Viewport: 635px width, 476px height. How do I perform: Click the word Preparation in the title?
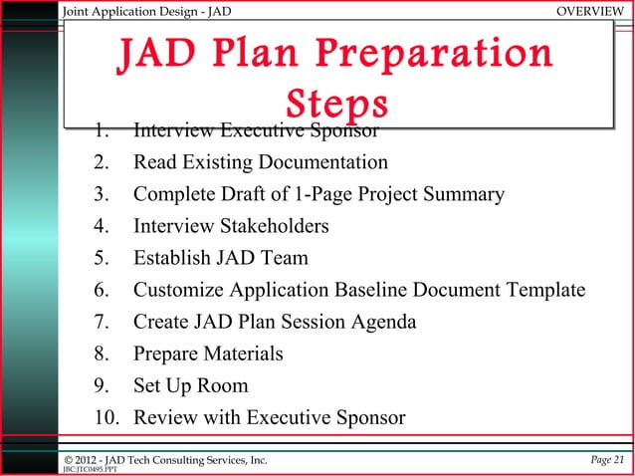[438, 55]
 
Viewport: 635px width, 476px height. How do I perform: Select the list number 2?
[102, 161]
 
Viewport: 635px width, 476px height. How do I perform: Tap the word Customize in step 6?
[179, 290]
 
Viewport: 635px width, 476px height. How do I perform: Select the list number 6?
[102, 290]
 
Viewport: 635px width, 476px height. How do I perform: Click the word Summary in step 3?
[462, 194]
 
